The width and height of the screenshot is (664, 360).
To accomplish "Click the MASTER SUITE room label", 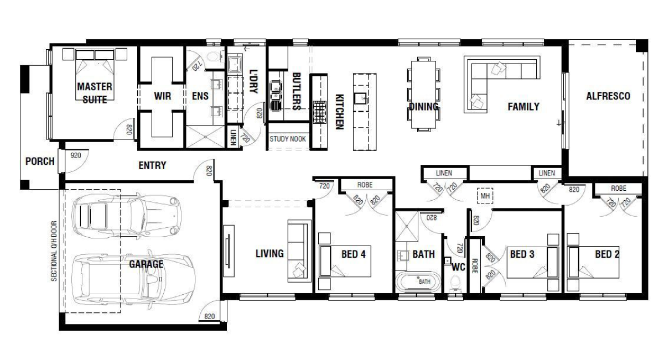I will [94, 93].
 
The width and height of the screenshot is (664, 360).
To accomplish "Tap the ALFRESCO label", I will [608, 96].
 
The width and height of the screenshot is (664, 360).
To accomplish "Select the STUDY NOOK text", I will [288, 139].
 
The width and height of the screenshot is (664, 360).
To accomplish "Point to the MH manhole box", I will [485, 196].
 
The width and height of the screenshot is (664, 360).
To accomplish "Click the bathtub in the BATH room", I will [418, 281].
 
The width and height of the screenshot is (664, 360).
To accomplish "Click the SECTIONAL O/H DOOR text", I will [54, 252].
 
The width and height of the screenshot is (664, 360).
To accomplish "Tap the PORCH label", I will [40, 161].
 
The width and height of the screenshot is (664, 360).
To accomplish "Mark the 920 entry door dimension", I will [76, 156].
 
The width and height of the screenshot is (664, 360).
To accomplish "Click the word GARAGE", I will [146, 264].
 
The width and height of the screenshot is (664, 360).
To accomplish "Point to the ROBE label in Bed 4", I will [365, 185].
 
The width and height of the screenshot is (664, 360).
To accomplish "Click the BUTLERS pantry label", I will [296, 91].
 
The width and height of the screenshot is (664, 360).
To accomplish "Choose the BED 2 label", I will [606, 254].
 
